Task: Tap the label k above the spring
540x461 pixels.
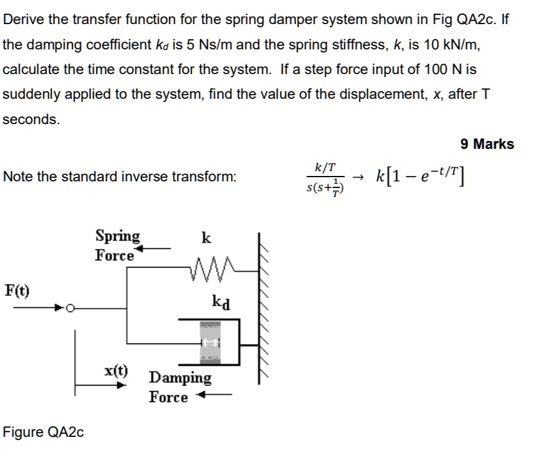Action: click(206, 238)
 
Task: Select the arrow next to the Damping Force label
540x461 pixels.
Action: click(215, 396)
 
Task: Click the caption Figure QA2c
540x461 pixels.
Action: click(43, 432)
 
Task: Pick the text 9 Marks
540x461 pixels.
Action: click(487, 144)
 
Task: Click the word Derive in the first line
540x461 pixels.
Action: click(24, 19)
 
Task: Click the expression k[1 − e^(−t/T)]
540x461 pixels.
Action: click(422, 176)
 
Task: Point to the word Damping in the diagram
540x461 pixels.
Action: click(180, 378)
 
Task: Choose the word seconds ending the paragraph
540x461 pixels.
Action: click(31, 119)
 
